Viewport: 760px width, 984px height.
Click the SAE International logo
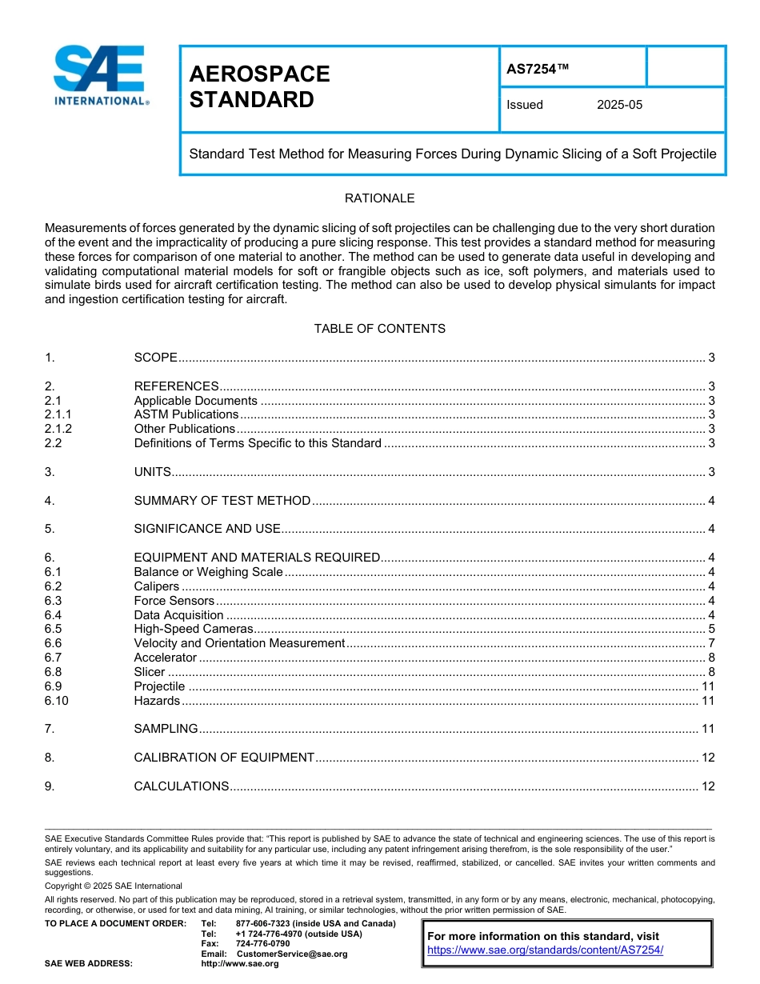click(x=100, y=76)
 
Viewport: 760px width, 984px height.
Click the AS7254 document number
click(x=538, y=69)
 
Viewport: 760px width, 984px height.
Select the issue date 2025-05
click(x=619, y=105)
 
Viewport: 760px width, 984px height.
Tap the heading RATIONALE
click(x=379, y=198)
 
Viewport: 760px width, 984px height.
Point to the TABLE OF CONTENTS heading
click(x=379, y=329)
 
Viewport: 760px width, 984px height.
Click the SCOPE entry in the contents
click(x=155, y=358)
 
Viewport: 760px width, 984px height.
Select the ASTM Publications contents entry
click(x=186, y=414)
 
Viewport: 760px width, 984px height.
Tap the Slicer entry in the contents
click(x=150, y=672)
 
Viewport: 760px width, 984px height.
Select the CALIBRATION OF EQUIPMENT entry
click(x=224, y=758)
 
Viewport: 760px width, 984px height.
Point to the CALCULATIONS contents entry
click(x=182, y=786)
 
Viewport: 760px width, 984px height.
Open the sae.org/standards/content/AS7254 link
click(x=545, y=950)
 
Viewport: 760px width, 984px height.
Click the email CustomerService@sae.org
click(x=292, y=954)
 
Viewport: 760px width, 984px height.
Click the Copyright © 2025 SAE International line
click(x=114, y=886)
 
